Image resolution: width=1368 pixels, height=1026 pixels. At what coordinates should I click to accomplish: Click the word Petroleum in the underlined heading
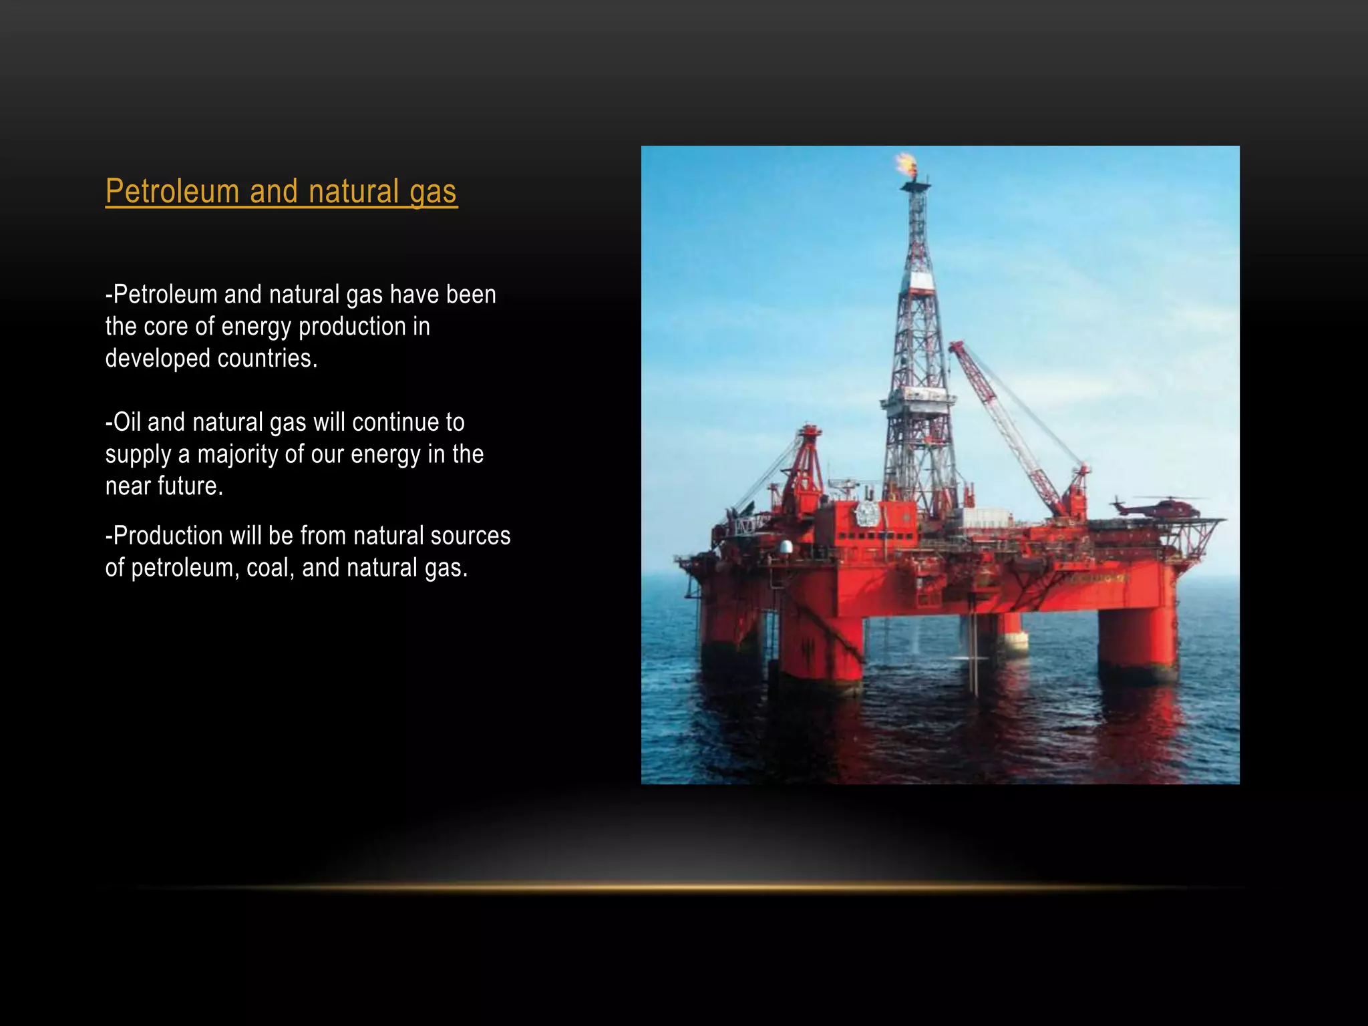(172, 192)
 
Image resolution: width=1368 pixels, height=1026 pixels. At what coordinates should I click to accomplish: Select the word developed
(158, 359)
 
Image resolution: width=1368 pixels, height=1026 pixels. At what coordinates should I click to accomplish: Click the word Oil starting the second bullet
(126, 422)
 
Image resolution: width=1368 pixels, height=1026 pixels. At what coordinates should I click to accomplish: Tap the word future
(192, 486)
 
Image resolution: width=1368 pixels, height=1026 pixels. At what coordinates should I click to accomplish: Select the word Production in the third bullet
(167, 536)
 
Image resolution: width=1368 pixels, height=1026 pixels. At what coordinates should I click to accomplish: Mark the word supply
(138, 454)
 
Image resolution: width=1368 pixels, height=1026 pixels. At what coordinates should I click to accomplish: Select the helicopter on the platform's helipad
(1160, 507)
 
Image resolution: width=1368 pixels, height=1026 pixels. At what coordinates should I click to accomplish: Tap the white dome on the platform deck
(786, 547)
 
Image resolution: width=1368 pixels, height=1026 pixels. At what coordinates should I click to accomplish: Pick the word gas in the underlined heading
(433, 192)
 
